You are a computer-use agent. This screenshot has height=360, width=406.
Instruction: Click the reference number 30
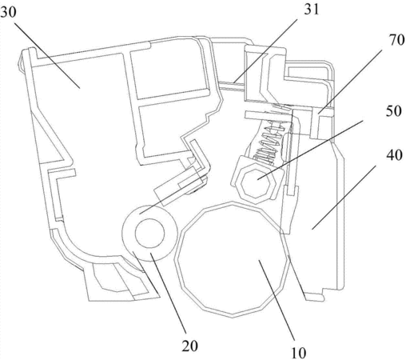point(8,12)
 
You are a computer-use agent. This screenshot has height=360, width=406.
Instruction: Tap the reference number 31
point(311,10)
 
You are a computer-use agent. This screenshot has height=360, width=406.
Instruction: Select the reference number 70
point(396,40)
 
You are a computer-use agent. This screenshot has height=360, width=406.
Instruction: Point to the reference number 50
point(393,110)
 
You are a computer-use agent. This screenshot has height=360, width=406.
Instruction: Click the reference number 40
point(394,155)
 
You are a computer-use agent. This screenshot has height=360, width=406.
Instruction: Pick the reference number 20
point(190,346)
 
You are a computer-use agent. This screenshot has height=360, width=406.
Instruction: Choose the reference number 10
point(299,353)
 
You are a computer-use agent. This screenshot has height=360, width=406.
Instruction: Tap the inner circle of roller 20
point(150,233)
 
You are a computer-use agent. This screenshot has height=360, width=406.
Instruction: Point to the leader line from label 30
point(46,55)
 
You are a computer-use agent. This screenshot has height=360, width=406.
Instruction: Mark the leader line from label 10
point(276,301)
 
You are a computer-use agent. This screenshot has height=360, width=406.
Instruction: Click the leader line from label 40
point(344,198)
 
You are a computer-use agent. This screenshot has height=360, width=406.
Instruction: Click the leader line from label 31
point(265,50)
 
